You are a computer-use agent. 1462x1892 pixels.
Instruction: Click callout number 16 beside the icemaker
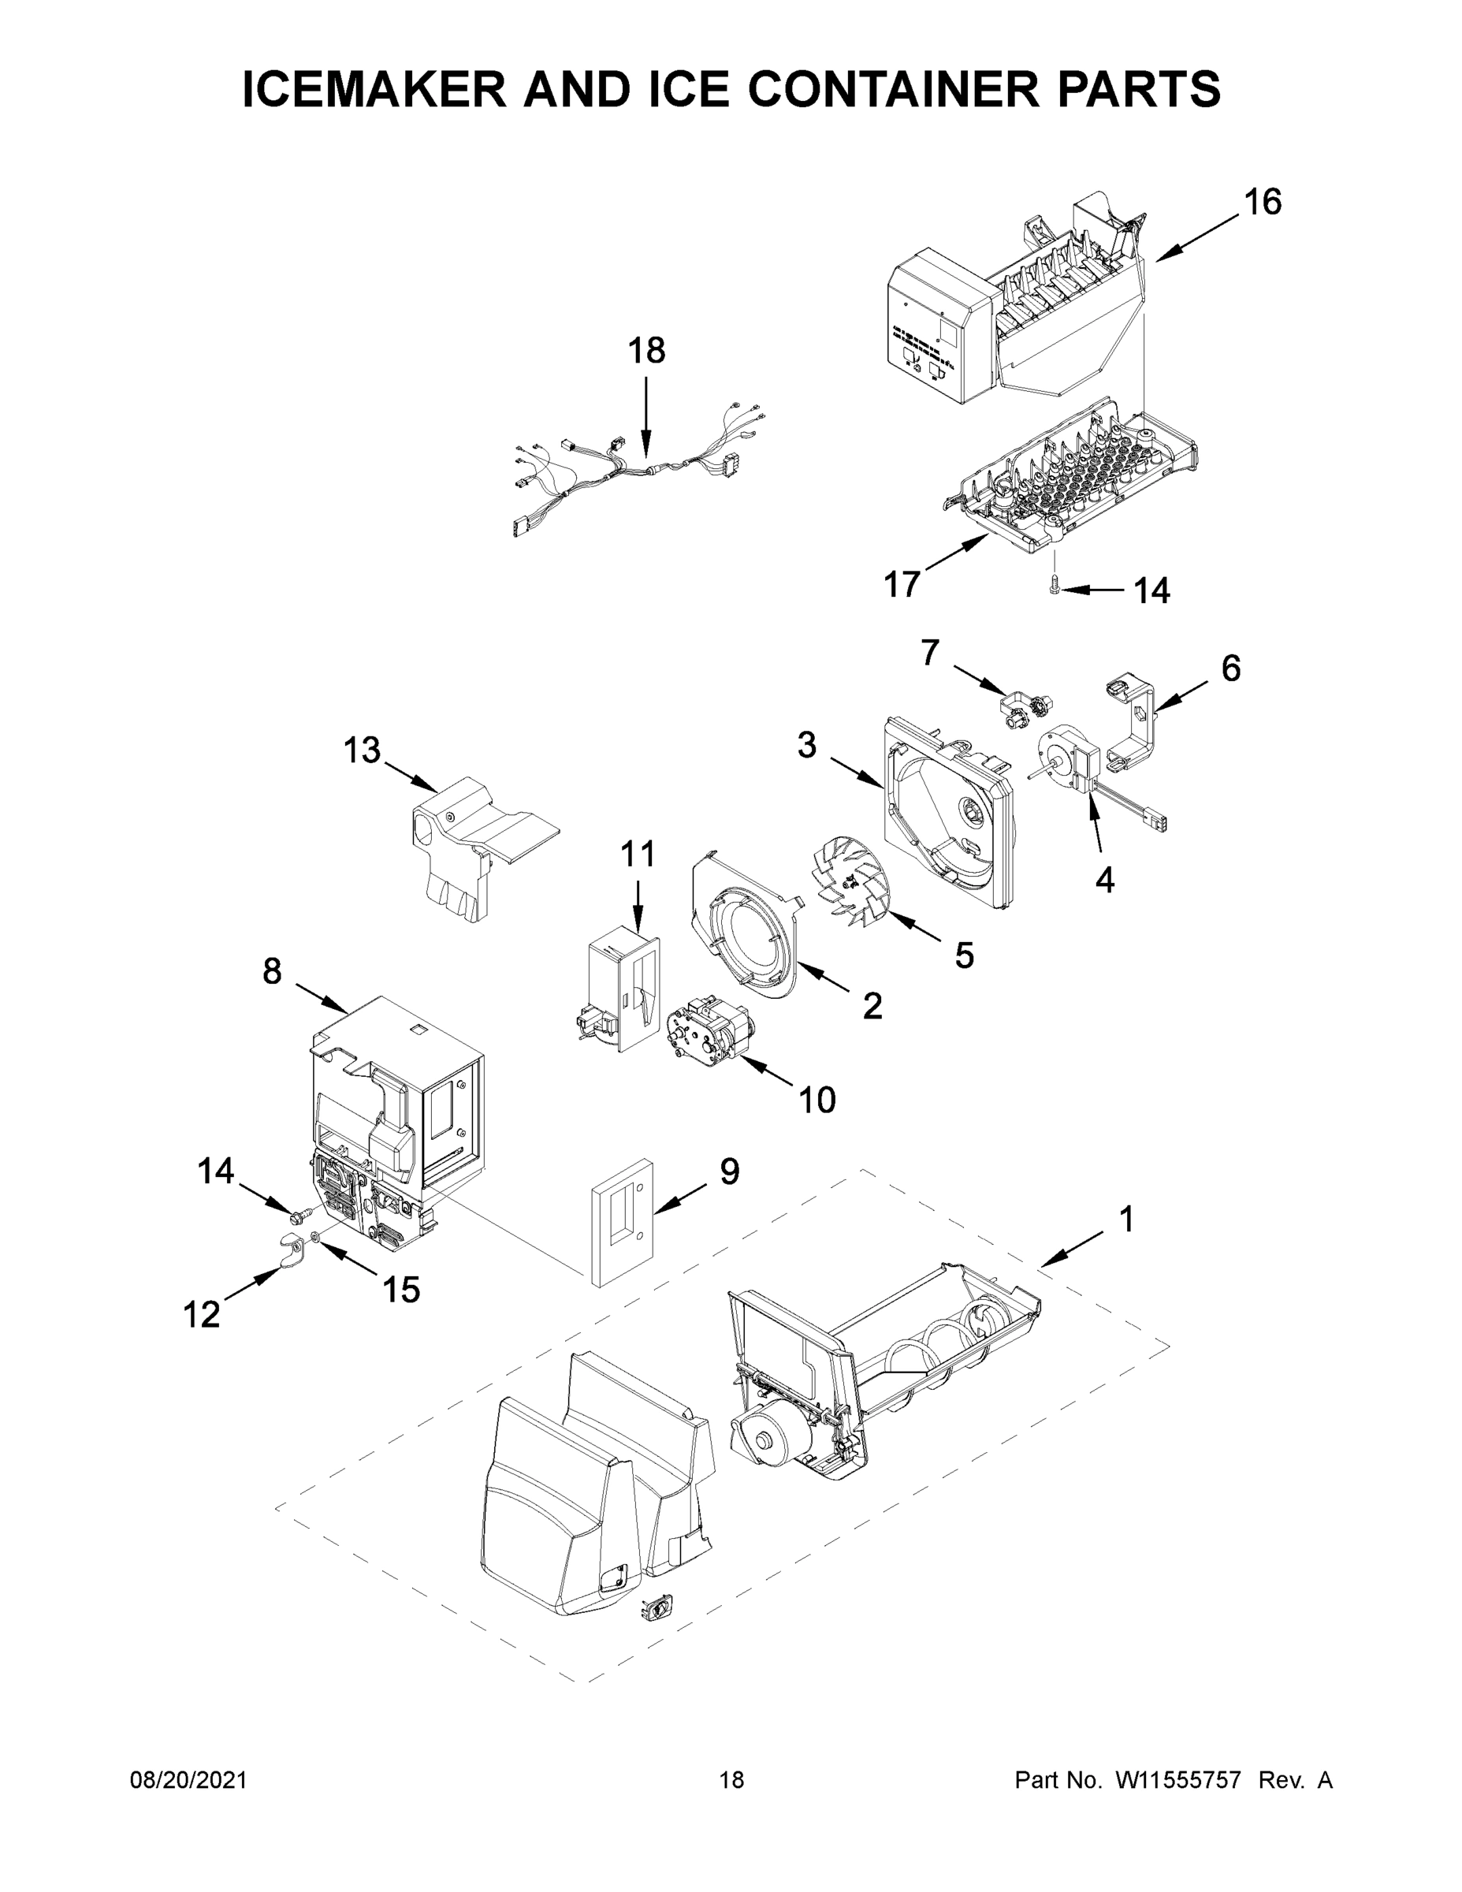coord(1262,202)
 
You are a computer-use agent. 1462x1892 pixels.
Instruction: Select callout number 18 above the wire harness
coord(646,351)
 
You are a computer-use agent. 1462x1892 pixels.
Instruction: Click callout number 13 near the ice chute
coord(361,750)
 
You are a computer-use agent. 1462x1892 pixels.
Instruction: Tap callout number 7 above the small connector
coord(929,652)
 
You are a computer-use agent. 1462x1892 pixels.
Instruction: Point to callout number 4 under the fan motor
coord(1104,880)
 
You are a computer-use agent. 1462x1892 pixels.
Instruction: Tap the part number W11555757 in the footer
coord(1178,1780)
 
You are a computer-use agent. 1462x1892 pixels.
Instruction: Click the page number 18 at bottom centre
coord(732,1780)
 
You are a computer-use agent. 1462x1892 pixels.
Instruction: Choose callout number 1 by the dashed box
coord(1126,1219)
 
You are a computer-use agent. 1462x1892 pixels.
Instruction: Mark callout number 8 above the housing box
coord(272,971)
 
